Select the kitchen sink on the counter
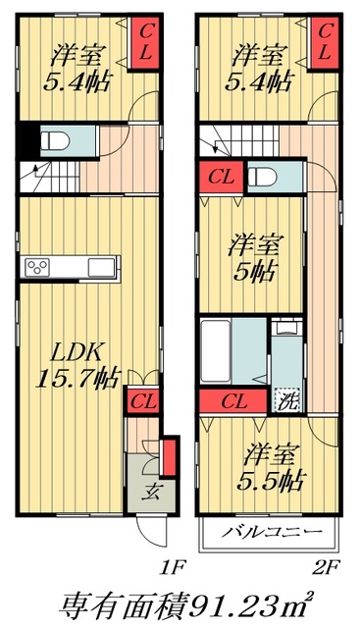point(102,268)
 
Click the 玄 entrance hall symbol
point(154,491)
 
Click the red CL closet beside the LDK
point(141,399)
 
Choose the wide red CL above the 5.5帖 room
point(233,400)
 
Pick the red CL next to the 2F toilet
point(219,178)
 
